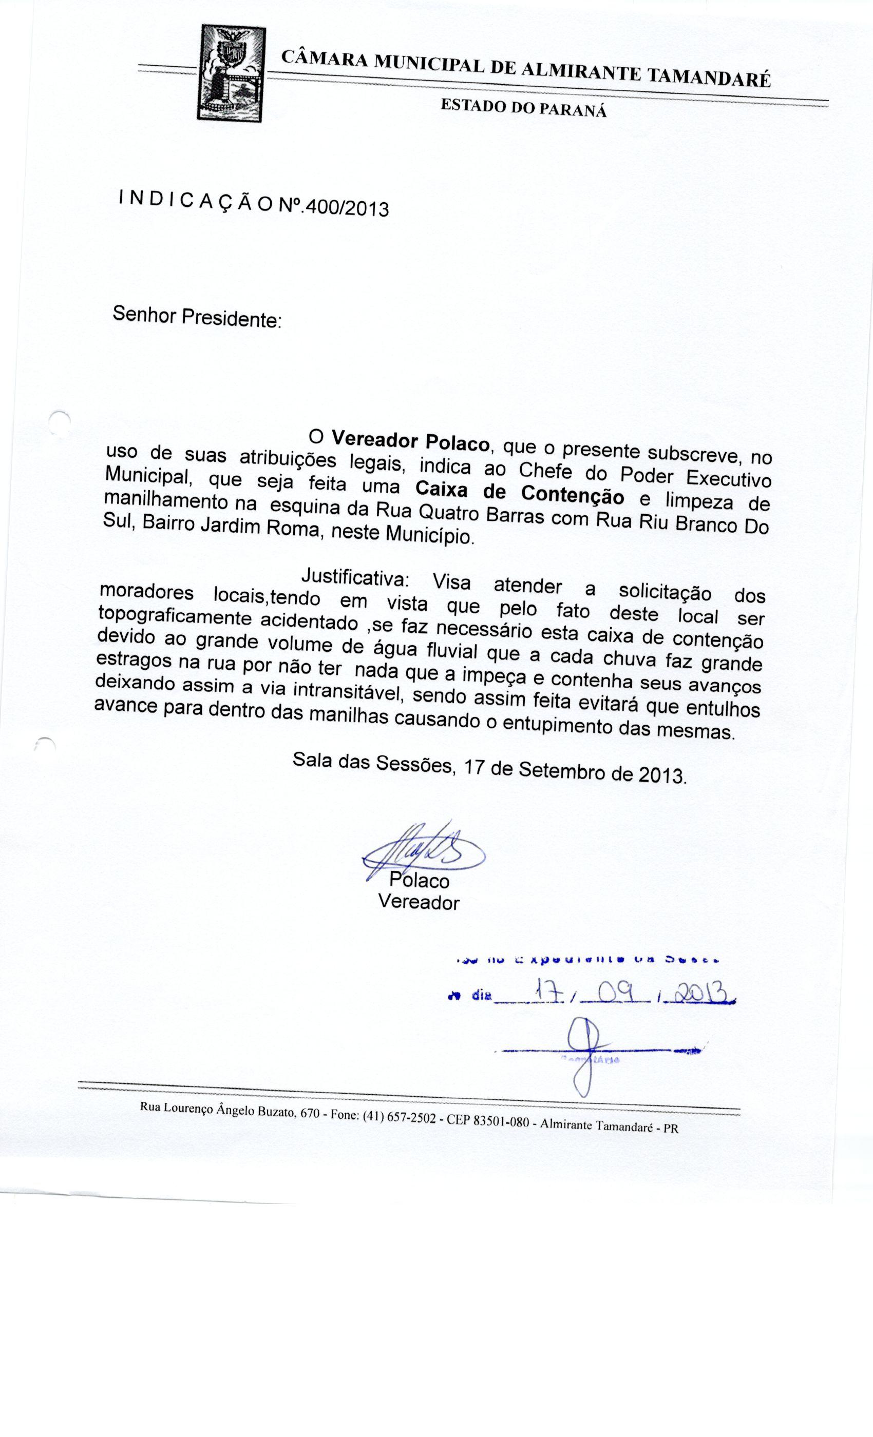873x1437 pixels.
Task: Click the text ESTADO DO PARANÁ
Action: coord(523,108)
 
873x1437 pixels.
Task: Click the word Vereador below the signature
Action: coord(419,902)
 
